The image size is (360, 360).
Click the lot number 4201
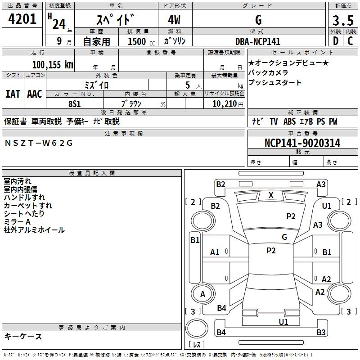coord(22,20)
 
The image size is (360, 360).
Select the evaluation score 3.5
coord(343,21)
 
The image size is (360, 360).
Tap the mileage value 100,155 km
coord(53,65)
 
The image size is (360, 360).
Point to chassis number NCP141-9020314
coord(302,144)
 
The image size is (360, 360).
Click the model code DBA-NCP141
coord(258,41)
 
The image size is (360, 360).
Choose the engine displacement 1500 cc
coord(138,41)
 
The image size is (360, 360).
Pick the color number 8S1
coord(75,103)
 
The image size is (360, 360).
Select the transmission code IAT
coord(13,94)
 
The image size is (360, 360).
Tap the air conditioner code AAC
coord(35,94)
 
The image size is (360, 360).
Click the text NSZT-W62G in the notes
coord(38,143)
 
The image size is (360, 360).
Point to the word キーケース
coord(23,337)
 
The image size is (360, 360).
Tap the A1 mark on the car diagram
coord(215,252)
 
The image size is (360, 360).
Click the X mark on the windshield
coord(271,195)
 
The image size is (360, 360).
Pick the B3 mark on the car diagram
coord(321,333)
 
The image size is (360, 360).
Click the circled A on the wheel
coord(202,294)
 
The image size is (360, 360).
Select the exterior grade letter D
coord(335,41)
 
